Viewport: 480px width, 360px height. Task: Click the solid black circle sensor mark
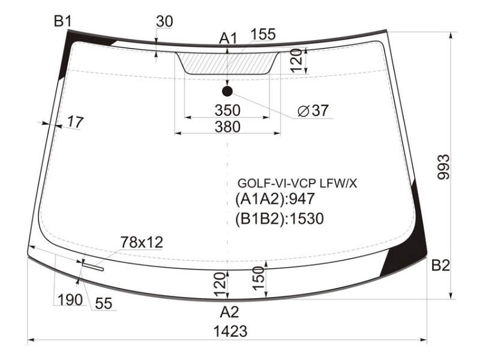point(227,91)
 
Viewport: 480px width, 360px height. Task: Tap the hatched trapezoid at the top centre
point(227,63)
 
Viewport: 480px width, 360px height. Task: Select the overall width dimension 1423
point(230,331)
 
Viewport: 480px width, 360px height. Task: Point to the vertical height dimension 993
point(443,167)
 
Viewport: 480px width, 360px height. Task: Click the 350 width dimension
point(227,110)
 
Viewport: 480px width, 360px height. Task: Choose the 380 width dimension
point(227,127)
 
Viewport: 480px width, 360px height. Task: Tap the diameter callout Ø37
point(313,110)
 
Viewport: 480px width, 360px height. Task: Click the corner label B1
point(63,22)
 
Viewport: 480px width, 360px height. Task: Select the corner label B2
point(440,265)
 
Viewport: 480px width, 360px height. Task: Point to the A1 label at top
point(228,39)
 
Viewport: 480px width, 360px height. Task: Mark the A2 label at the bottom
point(229,312)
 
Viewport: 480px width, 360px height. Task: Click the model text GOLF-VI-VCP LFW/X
point(297,184)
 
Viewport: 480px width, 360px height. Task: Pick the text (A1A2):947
point(275,199)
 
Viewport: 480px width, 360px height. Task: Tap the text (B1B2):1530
point(279,219)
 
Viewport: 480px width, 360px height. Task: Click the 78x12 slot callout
point(142,242)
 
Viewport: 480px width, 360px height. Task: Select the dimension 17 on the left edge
point(75,122)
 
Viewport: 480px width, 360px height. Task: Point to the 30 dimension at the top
point(164,22)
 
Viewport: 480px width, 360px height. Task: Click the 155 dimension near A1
point(263,34)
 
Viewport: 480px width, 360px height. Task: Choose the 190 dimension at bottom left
point(70,299)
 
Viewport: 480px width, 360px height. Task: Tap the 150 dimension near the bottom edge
point(259,278)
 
